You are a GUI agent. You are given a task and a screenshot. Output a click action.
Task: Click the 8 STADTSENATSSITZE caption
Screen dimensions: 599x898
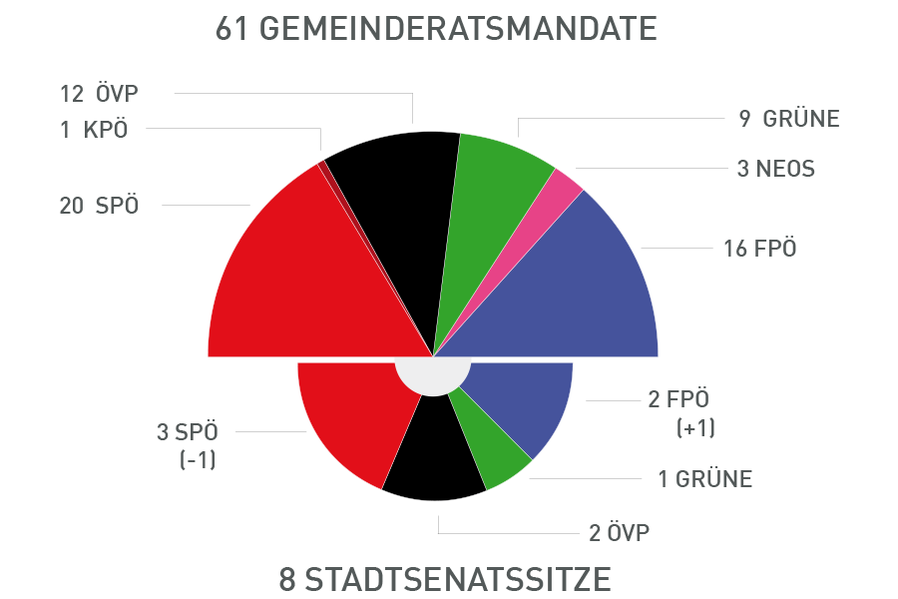444,579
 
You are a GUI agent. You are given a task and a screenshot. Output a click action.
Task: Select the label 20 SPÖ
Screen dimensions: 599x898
99,206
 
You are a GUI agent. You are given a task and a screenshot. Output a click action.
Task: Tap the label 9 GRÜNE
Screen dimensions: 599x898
789,119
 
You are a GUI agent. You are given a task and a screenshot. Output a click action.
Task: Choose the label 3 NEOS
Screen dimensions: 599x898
775,169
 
